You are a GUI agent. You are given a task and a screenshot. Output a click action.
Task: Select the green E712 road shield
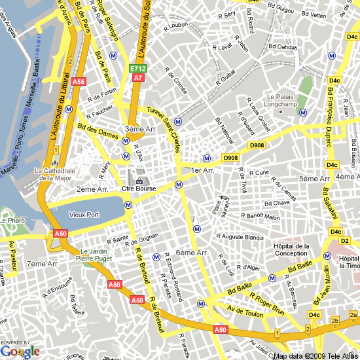(137, 69)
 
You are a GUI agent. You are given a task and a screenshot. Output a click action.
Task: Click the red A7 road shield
(137, 77)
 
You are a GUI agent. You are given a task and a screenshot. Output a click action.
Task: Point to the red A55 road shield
(79, 82)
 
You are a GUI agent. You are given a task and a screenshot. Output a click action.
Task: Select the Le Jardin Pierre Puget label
(95, 255)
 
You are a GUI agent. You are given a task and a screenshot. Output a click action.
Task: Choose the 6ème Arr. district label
(192, 253)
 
